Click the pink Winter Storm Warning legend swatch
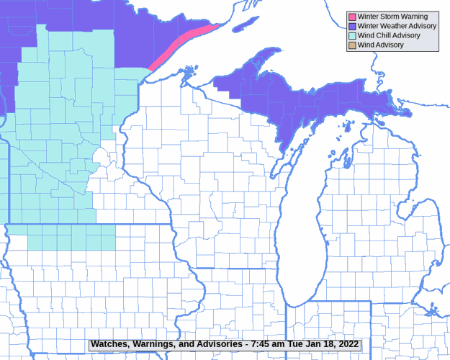click(352, 17)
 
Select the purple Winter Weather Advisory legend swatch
click(352, 26)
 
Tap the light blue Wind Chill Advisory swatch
click(352, 35)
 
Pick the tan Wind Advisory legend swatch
click(352, 45)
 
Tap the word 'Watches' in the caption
click(110, 345)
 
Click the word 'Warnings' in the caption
click(154, 345)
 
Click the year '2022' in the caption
click(346, 345)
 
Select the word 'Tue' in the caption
click(296, 345)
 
